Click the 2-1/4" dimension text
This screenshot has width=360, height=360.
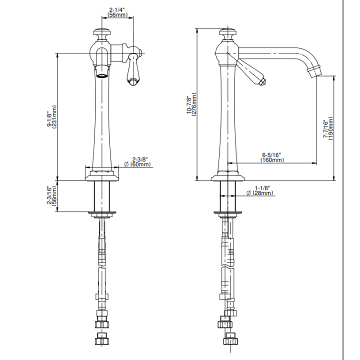[x=116, y=10]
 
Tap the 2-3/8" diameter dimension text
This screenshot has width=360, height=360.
[x=140, y=159]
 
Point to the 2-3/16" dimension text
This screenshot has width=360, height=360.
[x=49, y=195]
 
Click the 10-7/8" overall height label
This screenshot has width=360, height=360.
[x=189, y=104]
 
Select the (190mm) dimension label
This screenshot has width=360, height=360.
[x=330, y=128]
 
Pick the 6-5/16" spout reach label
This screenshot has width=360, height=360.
[x=271, y=155]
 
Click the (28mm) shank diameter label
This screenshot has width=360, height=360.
[x=263, y=193]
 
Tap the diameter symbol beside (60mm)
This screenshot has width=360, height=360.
[x=126, y=164]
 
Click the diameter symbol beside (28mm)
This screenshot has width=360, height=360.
[x=248, y=193]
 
